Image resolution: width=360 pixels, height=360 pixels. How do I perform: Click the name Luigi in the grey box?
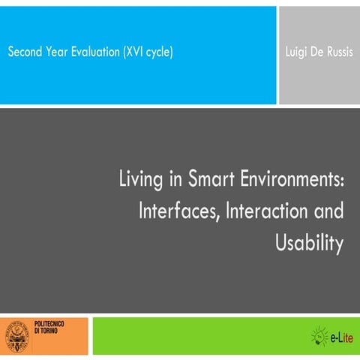click(x=297, y=52)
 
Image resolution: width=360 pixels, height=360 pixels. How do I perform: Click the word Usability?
click(x=310, y=242)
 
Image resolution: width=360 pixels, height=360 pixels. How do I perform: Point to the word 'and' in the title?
click(x=329, y=211)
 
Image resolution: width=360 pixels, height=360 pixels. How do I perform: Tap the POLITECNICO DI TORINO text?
click(x=50, y=331)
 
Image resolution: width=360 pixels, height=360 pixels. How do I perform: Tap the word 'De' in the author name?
click(x=316, y=52)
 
